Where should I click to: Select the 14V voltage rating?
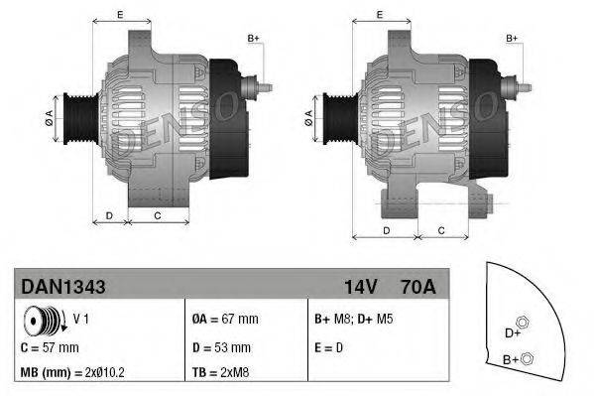(x=360, y=286)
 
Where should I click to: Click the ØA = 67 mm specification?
(x=224, y=320)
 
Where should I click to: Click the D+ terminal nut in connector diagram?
(x=525, y=320)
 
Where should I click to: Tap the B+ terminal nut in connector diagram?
(x=527, y=359)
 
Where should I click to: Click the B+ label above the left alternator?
(x=253, y=38)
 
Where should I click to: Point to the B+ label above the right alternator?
(x=513, y=38)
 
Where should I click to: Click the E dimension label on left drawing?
(x=120, y=14)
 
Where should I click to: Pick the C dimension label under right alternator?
(x=441, y=230)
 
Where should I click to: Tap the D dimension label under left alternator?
(x=109, y=215)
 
